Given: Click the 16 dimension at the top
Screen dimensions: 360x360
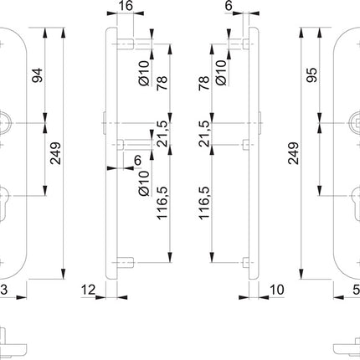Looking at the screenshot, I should [126, 7].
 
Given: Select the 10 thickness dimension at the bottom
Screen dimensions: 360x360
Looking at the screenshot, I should [276, 290].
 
